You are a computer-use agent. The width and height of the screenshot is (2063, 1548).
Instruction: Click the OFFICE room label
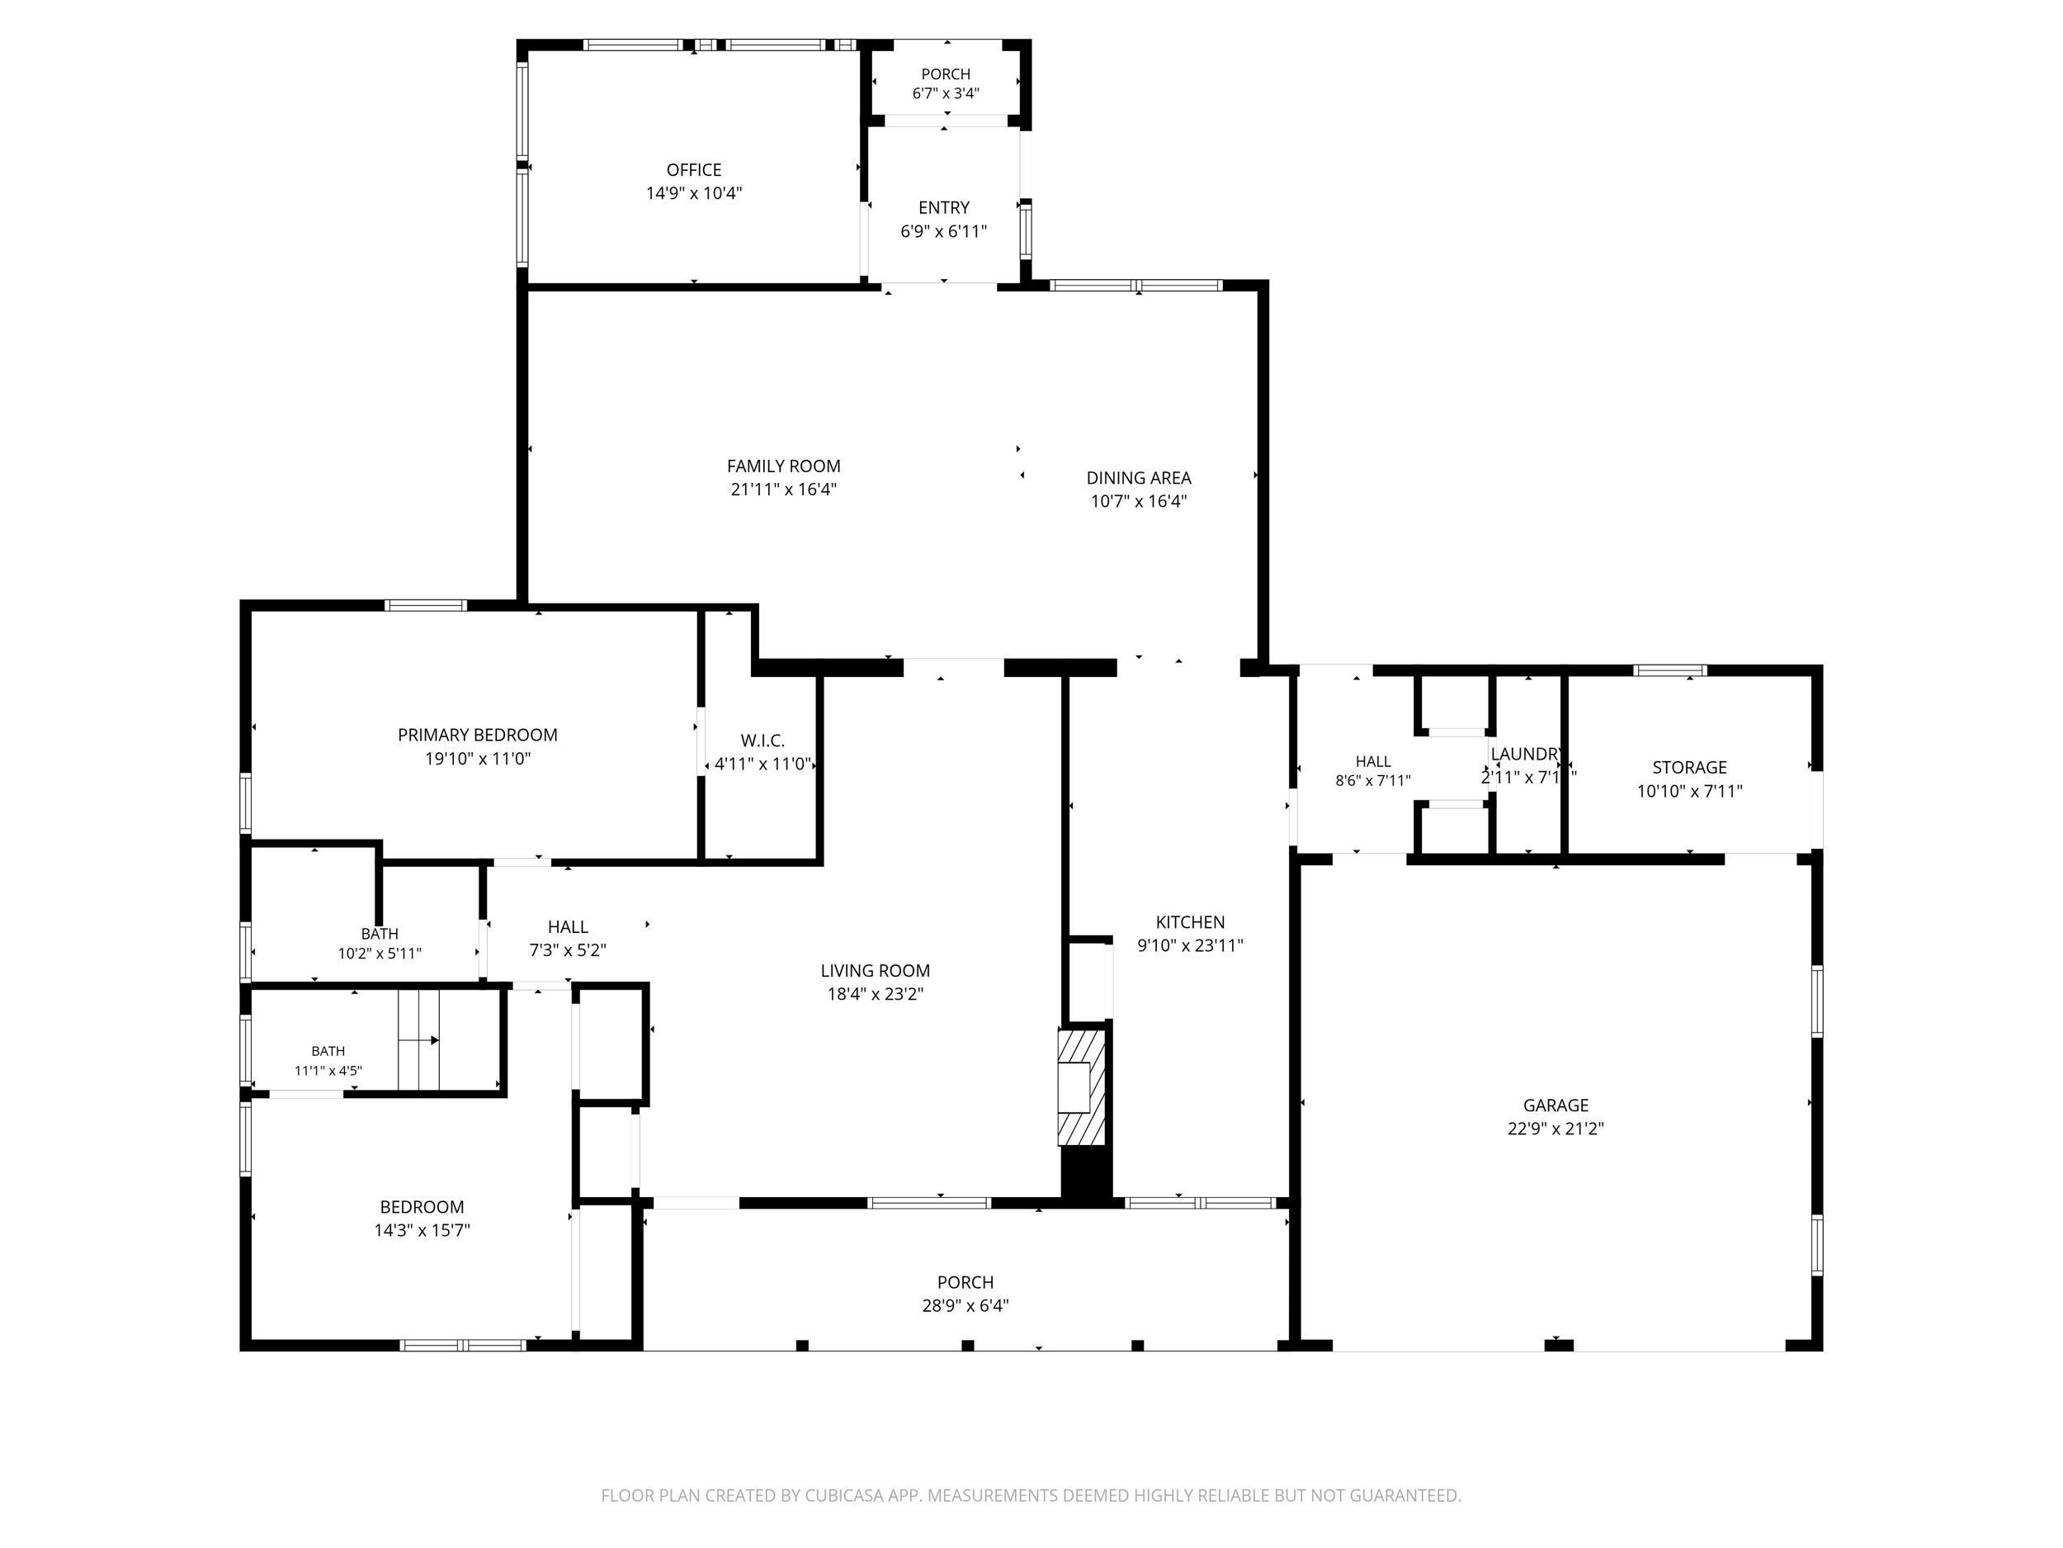pyautogui.click(x=694, y=170)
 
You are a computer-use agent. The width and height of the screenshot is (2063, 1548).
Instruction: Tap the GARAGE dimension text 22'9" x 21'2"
pyautogui.click(x=1556, y=1128)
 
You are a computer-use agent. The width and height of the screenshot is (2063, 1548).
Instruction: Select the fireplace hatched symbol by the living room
pyautogui.click(x=1081, y=1086)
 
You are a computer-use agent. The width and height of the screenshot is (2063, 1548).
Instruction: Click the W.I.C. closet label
pyautogui.click(x=763, y=741)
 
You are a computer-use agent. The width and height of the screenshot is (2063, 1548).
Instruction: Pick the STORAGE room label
pyautogui.click(x=1690, y=768)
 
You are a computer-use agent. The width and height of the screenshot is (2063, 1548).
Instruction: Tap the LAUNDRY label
pyautogui.click(x=1526, y=754)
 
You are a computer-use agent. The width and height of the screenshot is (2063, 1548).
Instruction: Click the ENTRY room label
pyautogui.click(x=944, y=208)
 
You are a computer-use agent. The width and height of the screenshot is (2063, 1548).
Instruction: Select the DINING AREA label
pyautogui.click(x=1139, y=478)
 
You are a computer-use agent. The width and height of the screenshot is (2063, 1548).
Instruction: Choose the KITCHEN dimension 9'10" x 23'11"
pyautogui.click(x=1190, y=945)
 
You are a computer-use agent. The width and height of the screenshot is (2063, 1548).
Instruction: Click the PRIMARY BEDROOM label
pyautogui.click(x=478, y=736)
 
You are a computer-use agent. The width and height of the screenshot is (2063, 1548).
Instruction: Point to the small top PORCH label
pyautogui.click(x=946, y=74)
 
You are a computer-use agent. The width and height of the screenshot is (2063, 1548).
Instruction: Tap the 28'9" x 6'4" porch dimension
pyautogui.click(x=965, y=1305)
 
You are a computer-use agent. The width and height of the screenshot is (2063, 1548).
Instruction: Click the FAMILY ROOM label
pyautogui.click(x=783, y=466)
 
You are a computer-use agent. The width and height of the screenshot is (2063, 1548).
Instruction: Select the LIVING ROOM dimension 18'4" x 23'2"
pyautogui.click(x=875, y=994)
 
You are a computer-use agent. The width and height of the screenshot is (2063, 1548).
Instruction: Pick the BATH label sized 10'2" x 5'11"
pyautogui.click(x=380, y=934)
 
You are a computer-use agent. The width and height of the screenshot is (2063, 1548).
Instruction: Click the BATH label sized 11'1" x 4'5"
pyautogui.click(x=328, y=1052)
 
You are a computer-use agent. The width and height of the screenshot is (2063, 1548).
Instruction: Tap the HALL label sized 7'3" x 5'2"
pyautogui.click(x=568, y=926)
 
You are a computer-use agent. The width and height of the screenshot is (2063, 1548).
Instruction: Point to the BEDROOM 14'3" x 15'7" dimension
pyautogui.click(x=422, y=1231)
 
